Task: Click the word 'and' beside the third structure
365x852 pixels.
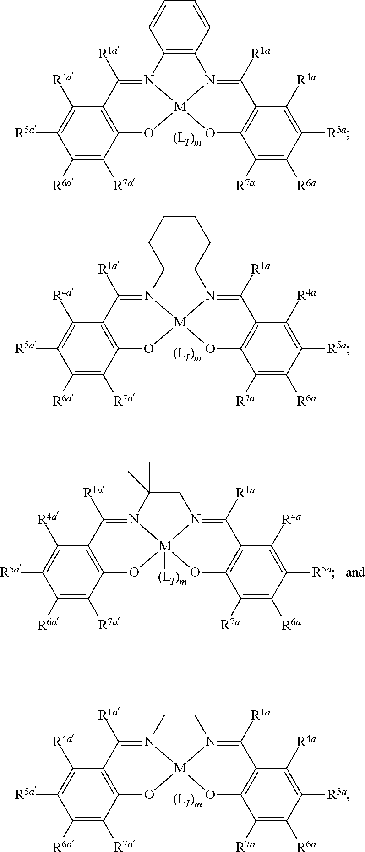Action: pos(355,572)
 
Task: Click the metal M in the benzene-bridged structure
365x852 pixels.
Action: pos(180,107)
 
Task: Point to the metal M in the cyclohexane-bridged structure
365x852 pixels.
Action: pos(180,323)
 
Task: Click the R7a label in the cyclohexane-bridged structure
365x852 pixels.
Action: pos(245,401)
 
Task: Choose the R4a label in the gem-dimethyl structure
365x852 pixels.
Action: pos(290,519)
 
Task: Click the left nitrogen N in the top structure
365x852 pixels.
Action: pos(149,81)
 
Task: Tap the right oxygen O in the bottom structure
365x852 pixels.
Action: pos(210,794)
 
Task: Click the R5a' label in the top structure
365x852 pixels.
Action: pos(26,133)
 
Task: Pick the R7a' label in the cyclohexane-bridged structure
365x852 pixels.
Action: pos(124,401)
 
